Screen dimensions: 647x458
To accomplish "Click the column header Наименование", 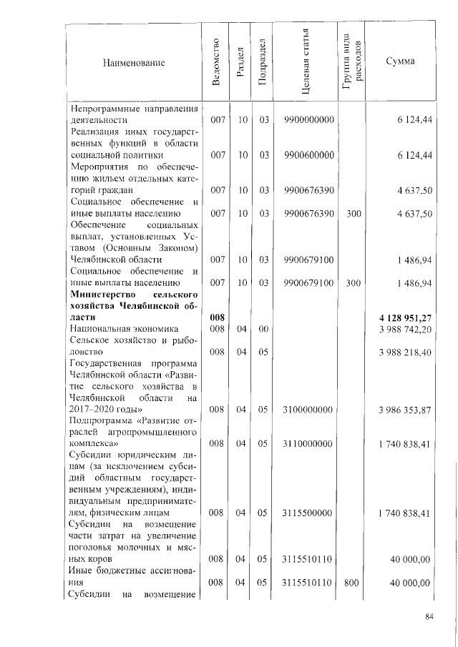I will click(x=135, y=63).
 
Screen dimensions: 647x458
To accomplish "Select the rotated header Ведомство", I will click(x=217, y=63).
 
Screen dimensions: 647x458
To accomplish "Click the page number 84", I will click(x=429, y=618).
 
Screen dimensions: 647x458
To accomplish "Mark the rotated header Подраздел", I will click(x=263, y=63).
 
